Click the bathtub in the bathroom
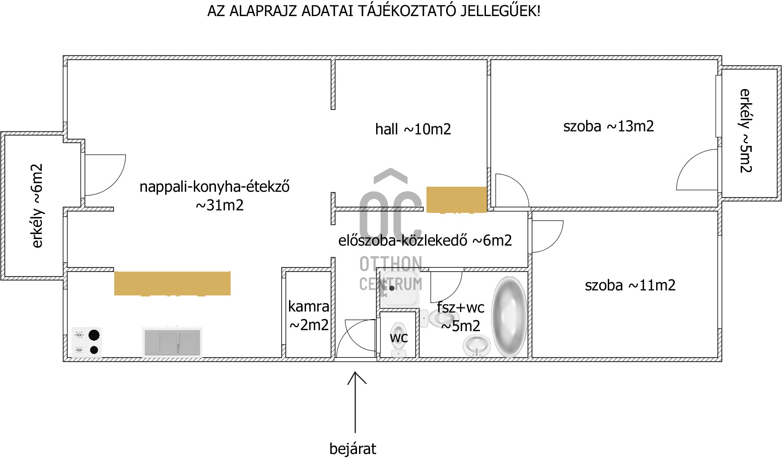[509, 317]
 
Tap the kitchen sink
[172, 342]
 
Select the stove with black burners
[87, 342]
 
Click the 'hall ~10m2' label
[413, 129]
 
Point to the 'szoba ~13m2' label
[608, 126]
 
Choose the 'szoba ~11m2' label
[630, 285]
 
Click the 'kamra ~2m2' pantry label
[309, 316]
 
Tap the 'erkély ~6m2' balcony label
[37, 205]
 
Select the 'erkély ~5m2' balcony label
[745, 131]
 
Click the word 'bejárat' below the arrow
[352, 448]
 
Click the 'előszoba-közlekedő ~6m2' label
[425, 241]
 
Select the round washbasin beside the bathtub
[476, 346]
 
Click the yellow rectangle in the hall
[457, 199]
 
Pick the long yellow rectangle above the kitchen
[172, 283]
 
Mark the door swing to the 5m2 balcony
[698, 171]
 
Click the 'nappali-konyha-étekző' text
[215, 187]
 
